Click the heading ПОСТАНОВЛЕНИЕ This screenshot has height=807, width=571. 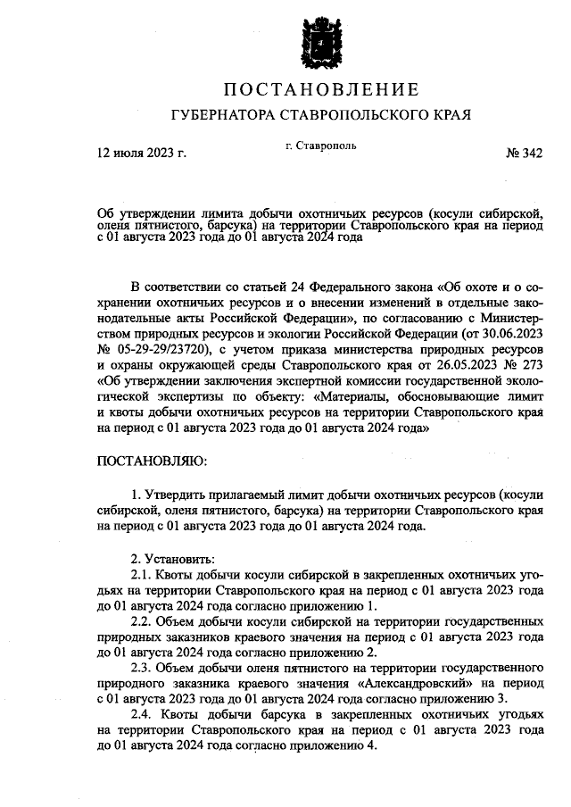click(319, 90)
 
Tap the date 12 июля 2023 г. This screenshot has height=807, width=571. click(142, 154)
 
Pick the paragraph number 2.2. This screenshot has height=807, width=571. click(143, 621)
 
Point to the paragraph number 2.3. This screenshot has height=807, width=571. click(143, 669)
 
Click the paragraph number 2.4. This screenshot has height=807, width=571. click(144, 716)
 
